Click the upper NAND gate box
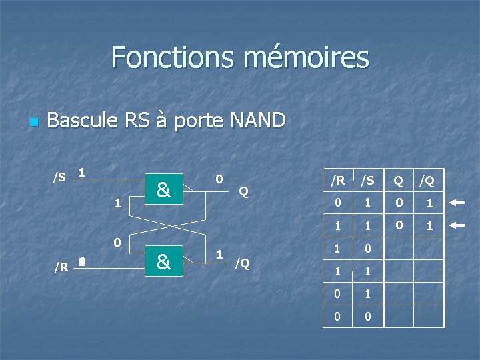[164, 191]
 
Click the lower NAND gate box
[164, 262]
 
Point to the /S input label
[59, 177]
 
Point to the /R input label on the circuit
[61, 267]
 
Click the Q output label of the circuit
[243, 192]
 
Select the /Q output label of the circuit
[242, 263]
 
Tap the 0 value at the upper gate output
[219, 180]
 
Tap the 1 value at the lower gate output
[219, 254]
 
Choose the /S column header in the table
[368, 180]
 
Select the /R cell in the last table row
[338, 317]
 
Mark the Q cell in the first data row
[399, 203]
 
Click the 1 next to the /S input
[81, 173]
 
